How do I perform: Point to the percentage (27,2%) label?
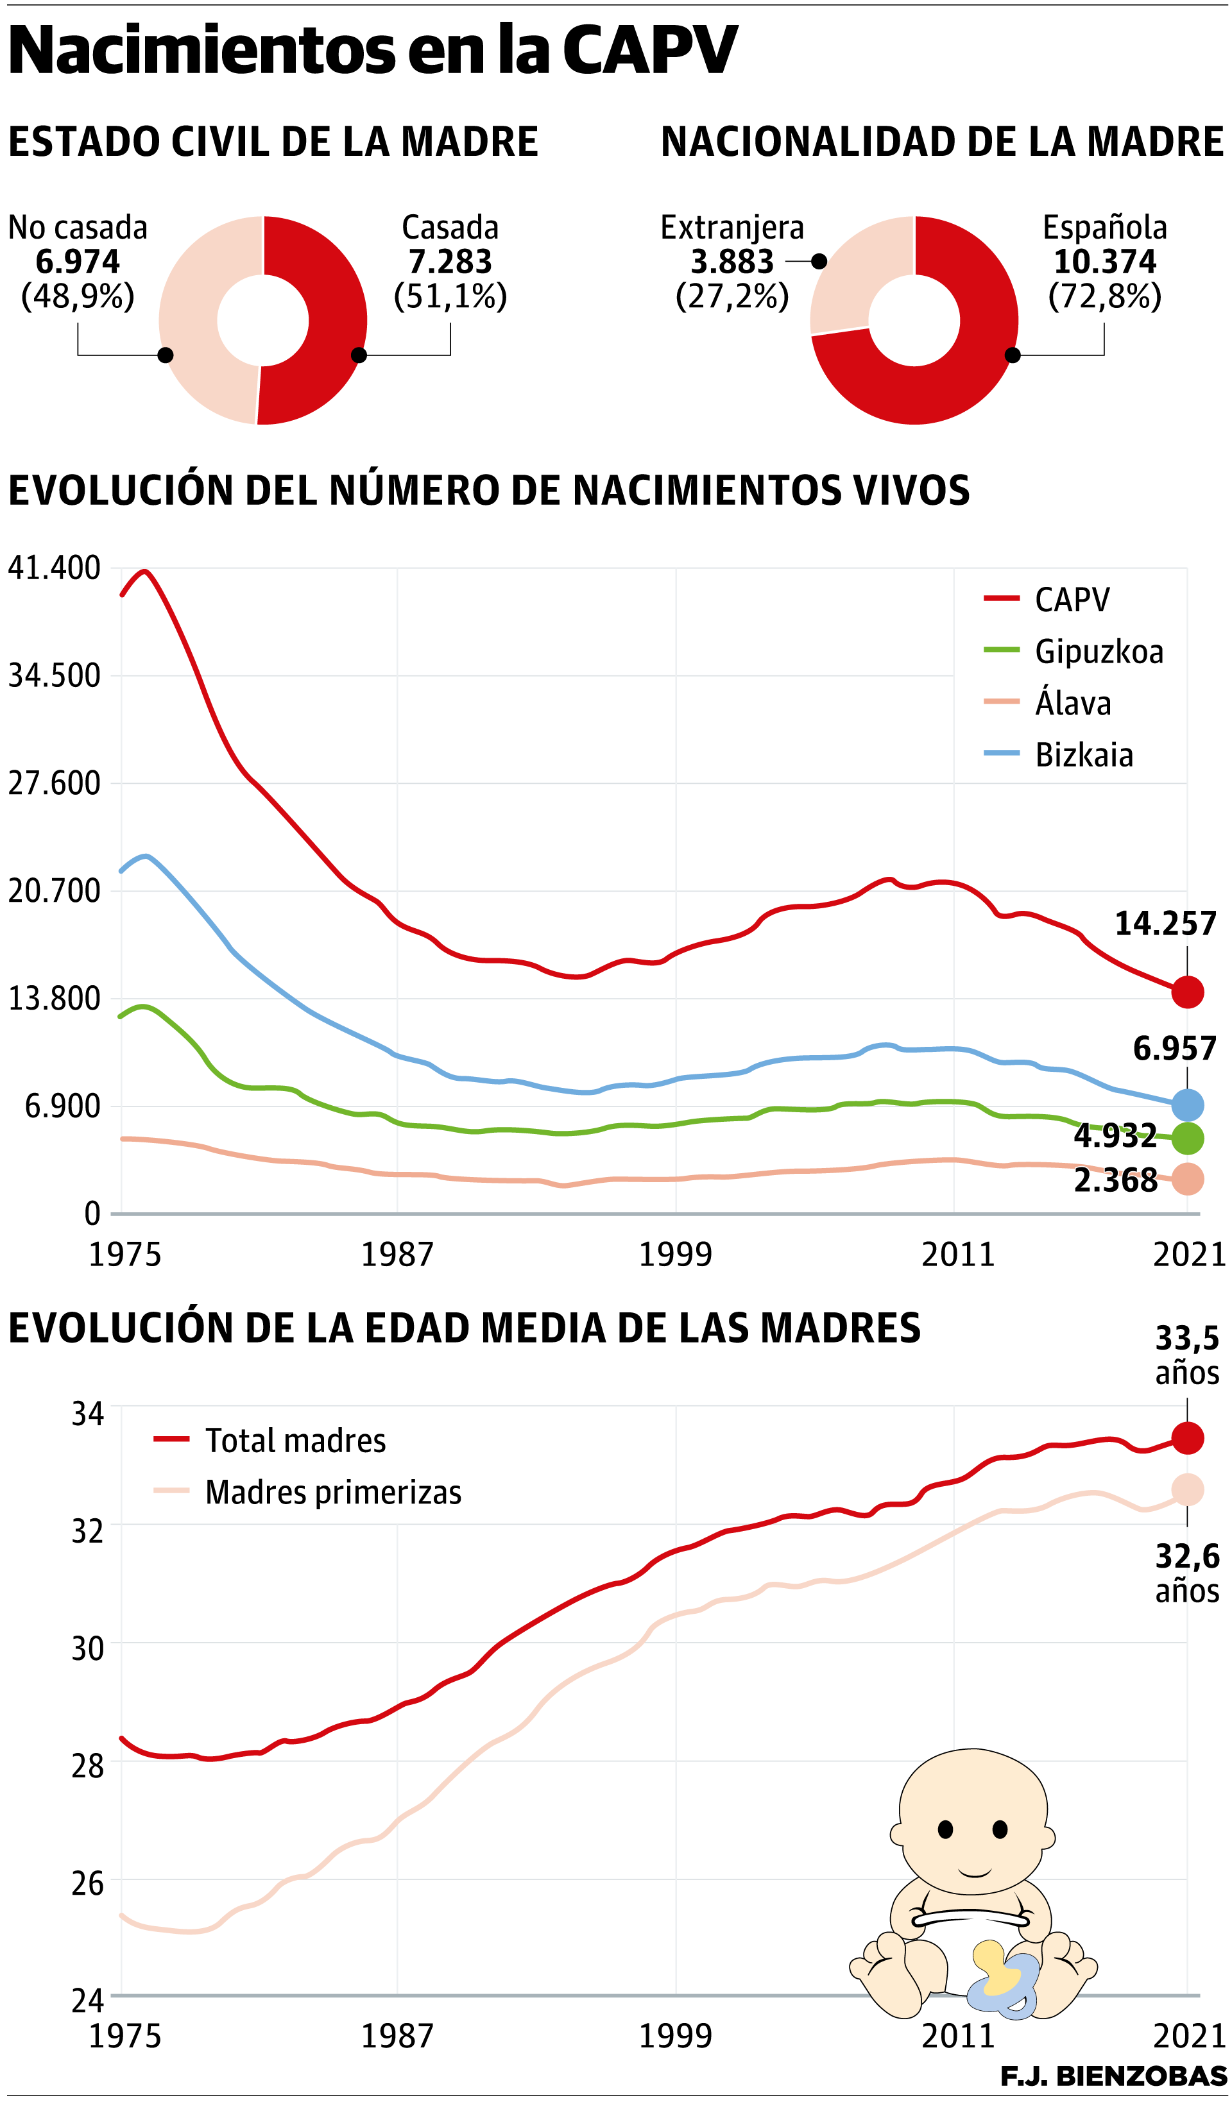click(732, 296)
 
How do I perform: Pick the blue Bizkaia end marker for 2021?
click(1187, 1106)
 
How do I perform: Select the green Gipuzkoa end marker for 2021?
click(1187, 1138)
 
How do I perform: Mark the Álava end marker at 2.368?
click(1187, 1179)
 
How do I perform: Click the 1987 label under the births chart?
click(397, 1255)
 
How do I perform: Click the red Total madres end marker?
click(1187, 1439)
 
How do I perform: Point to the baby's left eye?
click(945, 1829)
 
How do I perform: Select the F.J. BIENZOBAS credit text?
click(1113, 2076)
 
